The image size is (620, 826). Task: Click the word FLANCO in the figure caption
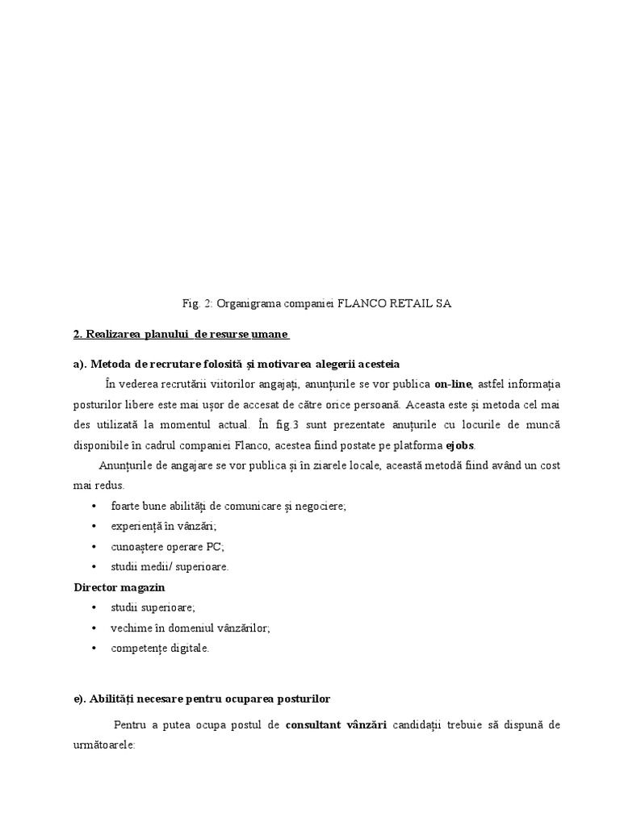click(x=370, y=303)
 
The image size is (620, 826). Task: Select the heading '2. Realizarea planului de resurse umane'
click(x=181, y=334)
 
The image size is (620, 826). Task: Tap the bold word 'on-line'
click(x=453, y=382)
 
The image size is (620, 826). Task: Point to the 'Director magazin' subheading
click(x=119, y=587)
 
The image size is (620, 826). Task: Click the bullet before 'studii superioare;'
click(x=94, y=607)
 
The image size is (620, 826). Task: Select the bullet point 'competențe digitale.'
click(x=160, y=648)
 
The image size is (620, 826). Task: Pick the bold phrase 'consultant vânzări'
click(x=336, y=725)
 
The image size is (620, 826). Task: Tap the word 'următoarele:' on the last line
click(x=104, y=746)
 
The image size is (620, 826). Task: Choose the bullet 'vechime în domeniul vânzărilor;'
click(x=191, y=628)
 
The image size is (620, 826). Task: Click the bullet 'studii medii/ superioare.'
click(x=170, y=566)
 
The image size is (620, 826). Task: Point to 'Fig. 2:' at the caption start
click(x=197, y=303)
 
